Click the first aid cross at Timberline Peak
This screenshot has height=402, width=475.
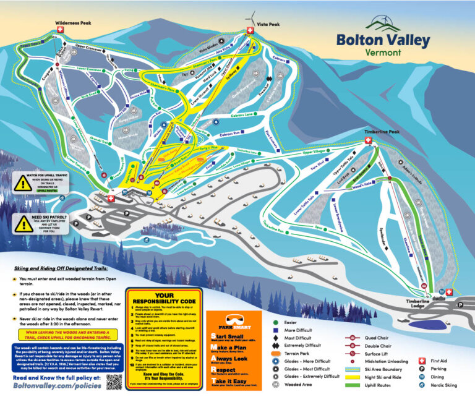click(369, 141)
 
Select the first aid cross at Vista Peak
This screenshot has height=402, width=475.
click(250, 30)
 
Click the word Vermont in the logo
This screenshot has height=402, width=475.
click(383, 54)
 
